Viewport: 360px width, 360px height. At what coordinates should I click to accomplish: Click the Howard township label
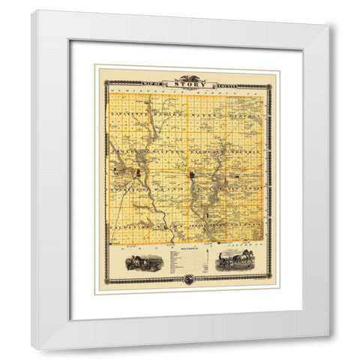[x=166, y=113]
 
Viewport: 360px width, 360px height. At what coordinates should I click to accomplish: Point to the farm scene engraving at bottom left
[x=143, y=263]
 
